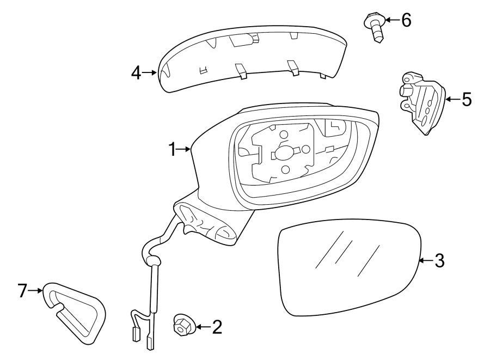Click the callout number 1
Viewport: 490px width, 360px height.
pyautogui.click(x=173, y=149)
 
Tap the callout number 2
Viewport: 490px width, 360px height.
pyautogui.click(x=217, y=327)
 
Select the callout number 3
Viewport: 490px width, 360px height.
pyautogui.click(x=439, y=261)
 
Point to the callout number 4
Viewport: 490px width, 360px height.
pyautogui.click(x=136, y=72)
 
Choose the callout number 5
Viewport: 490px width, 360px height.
pyautogui.click(x=466, y=99)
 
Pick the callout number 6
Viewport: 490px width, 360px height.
pyautogui.click(x=406, y=20)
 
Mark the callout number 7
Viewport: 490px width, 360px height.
pyautogui.click(x=22, y=291)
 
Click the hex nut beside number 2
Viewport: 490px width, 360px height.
pyautogui.click(x=181, y=326)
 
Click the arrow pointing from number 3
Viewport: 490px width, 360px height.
pyautogui.click(x=426, y=261)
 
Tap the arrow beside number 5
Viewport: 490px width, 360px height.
pyautogui.click(x=452, y=99)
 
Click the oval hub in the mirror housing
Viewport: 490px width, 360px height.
pyautogui.click(x=283, y=154)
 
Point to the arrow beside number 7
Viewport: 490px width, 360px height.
pyautogui.click(x=35, y=291)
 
